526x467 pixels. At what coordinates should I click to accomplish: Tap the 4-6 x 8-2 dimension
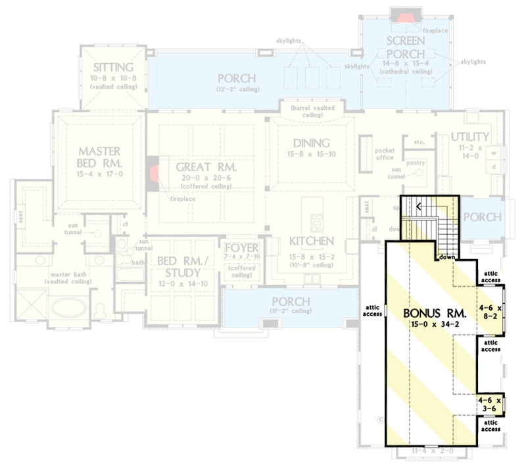pos(490,311)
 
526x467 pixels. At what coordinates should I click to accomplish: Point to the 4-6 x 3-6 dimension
pos(490,403)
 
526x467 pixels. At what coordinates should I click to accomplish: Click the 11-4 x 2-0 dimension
pos(431,453)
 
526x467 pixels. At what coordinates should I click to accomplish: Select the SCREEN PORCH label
pos(405,49)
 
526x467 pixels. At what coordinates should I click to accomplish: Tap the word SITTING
pos(113,67)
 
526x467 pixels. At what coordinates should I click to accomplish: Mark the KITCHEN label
pos(312,241)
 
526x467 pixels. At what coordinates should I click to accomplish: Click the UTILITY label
pos(469,137)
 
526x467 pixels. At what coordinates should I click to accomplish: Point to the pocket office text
pos(385,154)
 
